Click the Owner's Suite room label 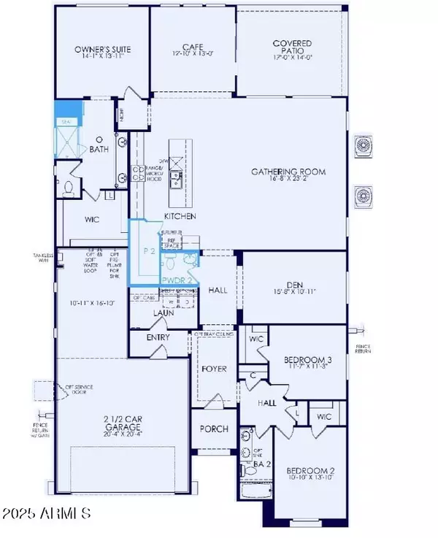[101, 50]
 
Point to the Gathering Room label [288, 172]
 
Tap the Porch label [214, 429]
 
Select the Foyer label [215, 369]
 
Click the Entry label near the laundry [158, 337]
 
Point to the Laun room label [162, 313]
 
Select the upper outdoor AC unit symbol [364, 147]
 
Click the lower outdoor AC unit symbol [364, 195]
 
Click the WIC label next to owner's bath [92, 219]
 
